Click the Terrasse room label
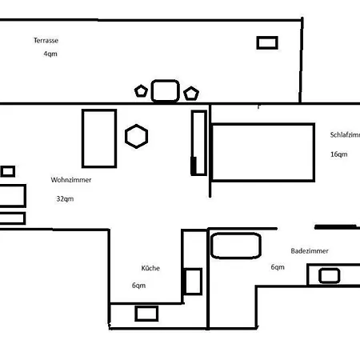coord(46,40)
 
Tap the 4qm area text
coord(50,54)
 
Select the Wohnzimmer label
coord(70,180)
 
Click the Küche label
coord(150,268)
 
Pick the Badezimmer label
coord(310,250)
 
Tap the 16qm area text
coord(338,154)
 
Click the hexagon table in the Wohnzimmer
coord(137,136)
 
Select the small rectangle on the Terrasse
coord(266,42)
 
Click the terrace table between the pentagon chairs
coord(164,90)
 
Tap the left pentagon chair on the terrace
coord(142,90)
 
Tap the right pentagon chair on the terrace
coord(190,94)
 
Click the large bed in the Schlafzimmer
coord(262,151)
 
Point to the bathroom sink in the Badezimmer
coord(329,276)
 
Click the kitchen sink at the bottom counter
coord(146,313)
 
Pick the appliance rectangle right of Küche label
coord(193,282)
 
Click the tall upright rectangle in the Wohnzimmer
coord(99,135)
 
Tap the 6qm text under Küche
coord(139,286)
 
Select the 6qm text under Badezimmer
coord(278,267)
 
